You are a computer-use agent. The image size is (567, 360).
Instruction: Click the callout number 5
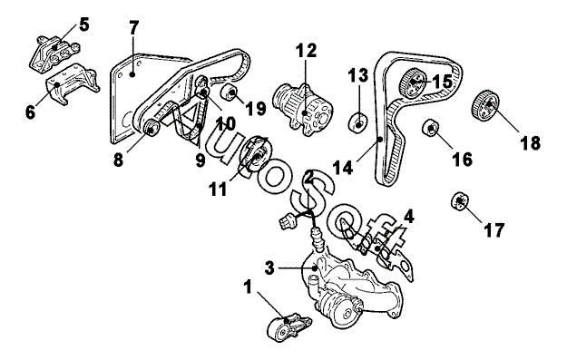pyautogui.click(x=83, y=24)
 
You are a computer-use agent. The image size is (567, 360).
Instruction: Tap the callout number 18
pyautogui.click(x=531, y=142)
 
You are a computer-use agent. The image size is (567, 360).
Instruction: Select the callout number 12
pyautogui.click(x=307, y=51)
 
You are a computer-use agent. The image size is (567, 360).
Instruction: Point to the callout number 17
pyautogui.click(x=494, y=230)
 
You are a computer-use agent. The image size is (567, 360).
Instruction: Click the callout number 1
pyautogui.click(x=248, y=287)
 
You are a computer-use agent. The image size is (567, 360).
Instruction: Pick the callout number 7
pyautogui.click(x=133, y=28)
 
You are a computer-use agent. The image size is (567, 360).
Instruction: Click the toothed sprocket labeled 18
pyautogui.click(x=485, y=104)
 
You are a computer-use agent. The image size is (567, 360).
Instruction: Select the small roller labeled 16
pyautogui.click(x=430, y=128)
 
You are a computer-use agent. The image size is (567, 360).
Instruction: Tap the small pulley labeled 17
pyautogui.click(x=460, y=200)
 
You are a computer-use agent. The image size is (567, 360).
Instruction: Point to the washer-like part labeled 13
pyautogui.click(x=357, y=123)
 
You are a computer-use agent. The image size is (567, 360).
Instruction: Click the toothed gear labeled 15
pyautogui.click(x=413, y=83)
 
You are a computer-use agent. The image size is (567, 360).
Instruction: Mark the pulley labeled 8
pyautogui.click(x=150, y=129)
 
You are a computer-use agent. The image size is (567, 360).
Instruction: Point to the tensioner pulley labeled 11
pyautogui.click(x=256, y=153)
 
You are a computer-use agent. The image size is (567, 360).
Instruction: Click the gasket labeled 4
pyautogui.click(x=376, y=249)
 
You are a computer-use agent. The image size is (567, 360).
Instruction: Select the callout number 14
pyautogui.click(x=342, y=168)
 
